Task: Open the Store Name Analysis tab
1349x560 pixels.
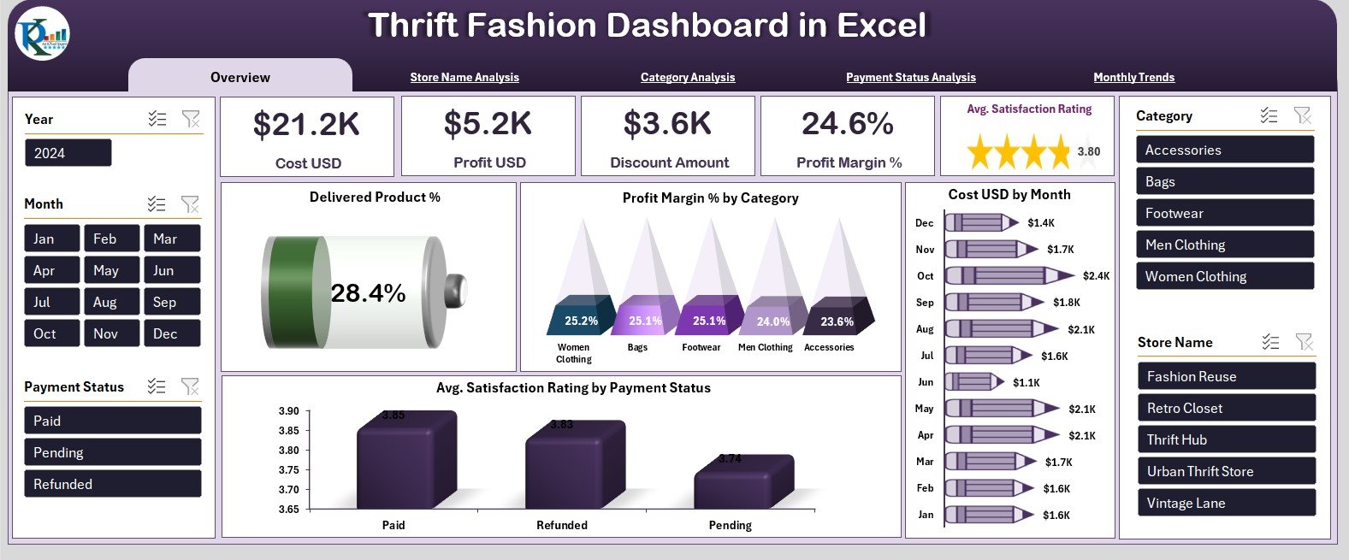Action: point(464,77)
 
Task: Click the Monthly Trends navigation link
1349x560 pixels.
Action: point(1133,77)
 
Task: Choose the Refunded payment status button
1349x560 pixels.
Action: point(112,484)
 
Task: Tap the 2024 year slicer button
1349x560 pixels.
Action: point(68,153)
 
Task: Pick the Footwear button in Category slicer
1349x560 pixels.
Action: point(1224,213)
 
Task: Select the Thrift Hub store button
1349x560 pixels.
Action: point(1226,439)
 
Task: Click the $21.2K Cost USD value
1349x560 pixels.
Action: point(307,125)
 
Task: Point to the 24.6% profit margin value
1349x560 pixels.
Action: point(847,125)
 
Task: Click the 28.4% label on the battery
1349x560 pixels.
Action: point(368,293)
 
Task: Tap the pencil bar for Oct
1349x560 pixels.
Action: point(1009,276)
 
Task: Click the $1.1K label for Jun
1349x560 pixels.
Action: point(1027,382)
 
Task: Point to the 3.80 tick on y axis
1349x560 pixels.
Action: point(288,450)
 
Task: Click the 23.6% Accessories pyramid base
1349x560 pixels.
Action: point(837,321)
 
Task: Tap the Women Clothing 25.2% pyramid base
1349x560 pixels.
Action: point(581,321)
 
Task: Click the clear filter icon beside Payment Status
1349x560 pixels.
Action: point(190,386)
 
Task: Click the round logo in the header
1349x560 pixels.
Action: point(42,33)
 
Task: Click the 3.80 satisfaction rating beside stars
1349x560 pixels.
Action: point(1088,152)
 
